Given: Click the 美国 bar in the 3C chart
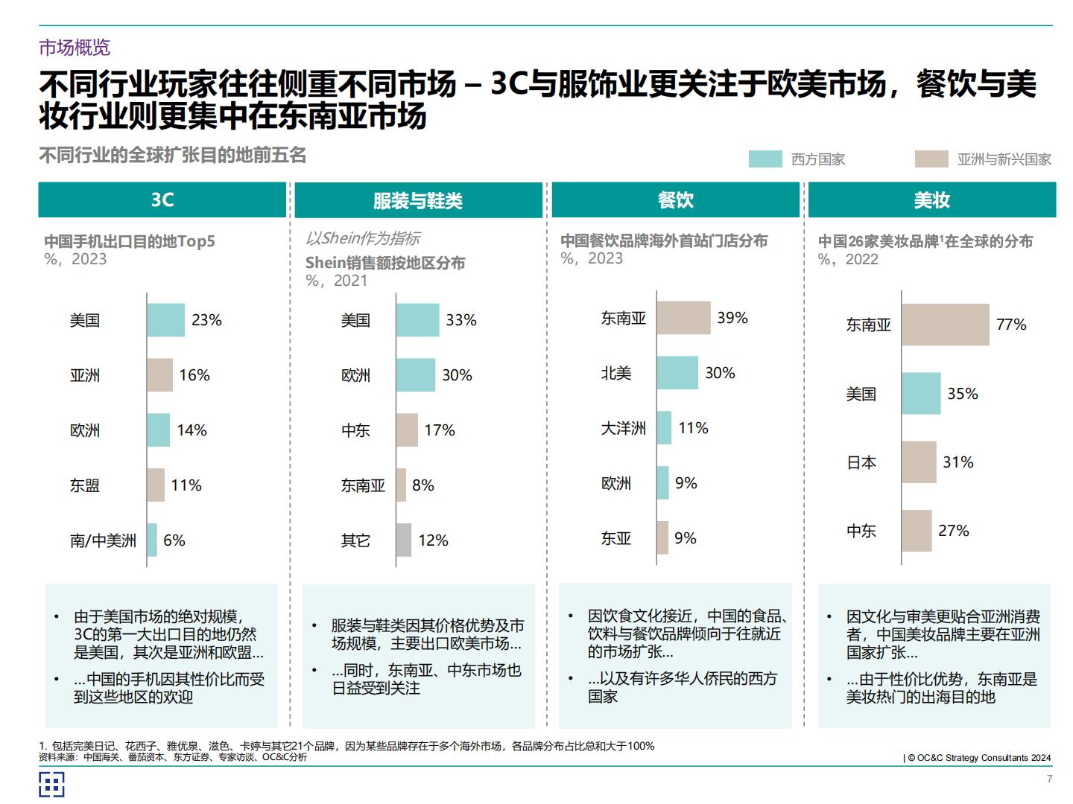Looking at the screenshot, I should pos(165,320).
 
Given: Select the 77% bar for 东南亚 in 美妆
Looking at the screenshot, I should pos(945,325).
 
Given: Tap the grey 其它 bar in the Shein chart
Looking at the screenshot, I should pos(403,540).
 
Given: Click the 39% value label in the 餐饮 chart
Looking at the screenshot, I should pos(732,318).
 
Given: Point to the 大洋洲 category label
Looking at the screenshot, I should pos(623,428).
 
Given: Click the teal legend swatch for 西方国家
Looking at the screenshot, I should pos(765,159).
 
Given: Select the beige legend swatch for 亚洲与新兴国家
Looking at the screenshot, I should pos(931,159).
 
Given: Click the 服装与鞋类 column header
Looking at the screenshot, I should pos(418,200).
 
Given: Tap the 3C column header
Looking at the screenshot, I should pos(162,200).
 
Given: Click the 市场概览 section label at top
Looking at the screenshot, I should pos(75,48).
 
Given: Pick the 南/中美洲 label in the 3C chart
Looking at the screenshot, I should pos(103,540).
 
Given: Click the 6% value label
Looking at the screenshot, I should pos(174,540).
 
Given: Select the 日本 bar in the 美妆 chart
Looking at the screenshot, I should pos(918,462).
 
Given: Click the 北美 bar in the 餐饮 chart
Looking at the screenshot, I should pos(677,373).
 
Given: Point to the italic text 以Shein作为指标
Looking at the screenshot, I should pos(363,238).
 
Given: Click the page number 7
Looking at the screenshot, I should pos(1049,779).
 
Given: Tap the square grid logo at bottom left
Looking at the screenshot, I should pos(51,784).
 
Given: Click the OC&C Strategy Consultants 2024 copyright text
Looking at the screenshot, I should pos(978,758).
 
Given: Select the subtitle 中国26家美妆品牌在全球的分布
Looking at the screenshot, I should pos(925,241).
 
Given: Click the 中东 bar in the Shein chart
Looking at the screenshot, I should pos(407,430).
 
